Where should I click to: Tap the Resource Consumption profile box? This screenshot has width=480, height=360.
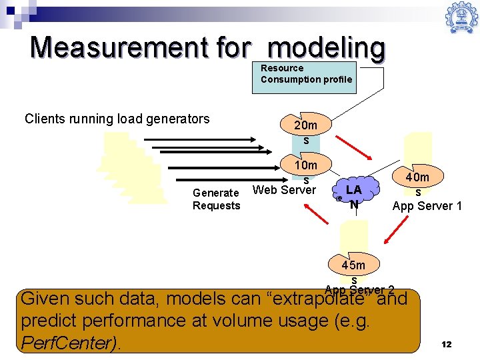pos(306,74)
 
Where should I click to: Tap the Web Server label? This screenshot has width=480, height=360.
pos(283,191)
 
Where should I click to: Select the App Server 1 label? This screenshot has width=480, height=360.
pos(427,206)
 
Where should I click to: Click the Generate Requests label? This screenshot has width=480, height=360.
pos(216,199)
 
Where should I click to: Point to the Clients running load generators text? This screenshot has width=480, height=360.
pos(117,119)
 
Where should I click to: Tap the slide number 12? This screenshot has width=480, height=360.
pos(446,344)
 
